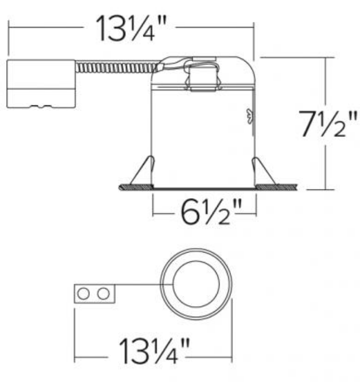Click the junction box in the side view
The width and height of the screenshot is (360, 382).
pyautogui.click(x=41, y=84)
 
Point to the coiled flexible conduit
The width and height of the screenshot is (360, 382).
pyautogui.click(x=116, y=67)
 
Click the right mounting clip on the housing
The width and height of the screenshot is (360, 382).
pyautogui.click(x=264, y=171)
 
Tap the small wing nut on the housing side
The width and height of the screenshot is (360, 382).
pyautogui.click(x=249, y=116)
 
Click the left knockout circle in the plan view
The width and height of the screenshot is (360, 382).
pyautogui.click(x=83, y=293)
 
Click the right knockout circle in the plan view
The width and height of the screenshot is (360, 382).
pyautogui.click(x=103, y=293)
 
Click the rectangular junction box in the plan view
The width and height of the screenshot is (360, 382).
pyautogui.click(x=95, y=293)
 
